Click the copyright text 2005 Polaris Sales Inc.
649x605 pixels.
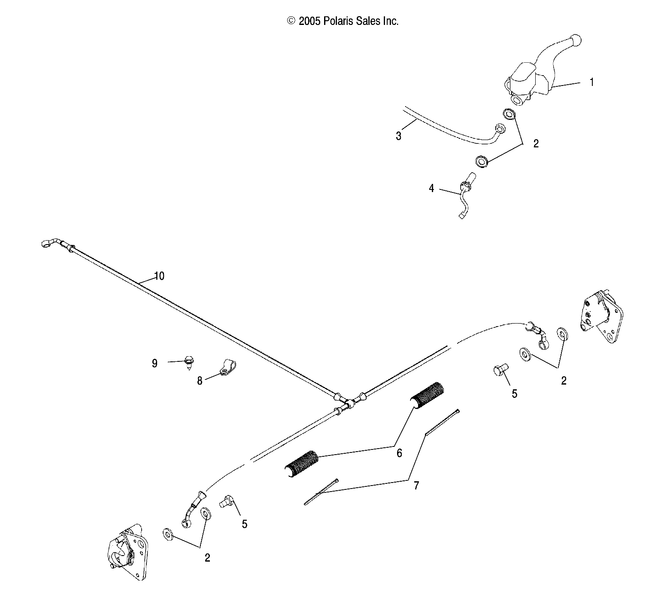[343, 21]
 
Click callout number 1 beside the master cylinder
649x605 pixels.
[591, 82]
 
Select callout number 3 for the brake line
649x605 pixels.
[398, 137]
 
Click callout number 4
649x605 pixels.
[431, 188]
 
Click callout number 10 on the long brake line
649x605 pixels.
[159, 276]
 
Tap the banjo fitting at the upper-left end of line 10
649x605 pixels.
[47, 244]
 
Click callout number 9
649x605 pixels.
[155, 364]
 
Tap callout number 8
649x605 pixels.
[200, 381]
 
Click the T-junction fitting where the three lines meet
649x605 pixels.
[349, 403]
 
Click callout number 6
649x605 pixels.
[399, 453]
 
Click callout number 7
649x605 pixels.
[415, 486]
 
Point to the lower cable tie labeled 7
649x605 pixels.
[321, 492]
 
